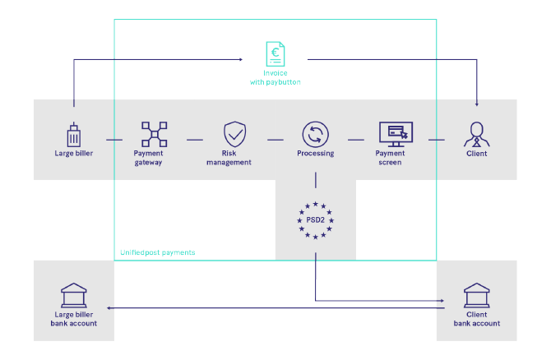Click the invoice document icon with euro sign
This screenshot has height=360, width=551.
click(x=275, y=55)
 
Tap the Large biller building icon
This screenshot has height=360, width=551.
click(x=72, y=134)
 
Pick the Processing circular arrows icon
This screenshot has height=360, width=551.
click(x=315, y=134)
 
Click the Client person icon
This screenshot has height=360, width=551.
click(x=476, y=134)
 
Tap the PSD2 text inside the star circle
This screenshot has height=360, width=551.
click(x=316, y=219)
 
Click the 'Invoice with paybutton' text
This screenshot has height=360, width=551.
click(x=275, y=78)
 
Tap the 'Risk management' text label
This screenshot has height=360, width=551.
click(x=234, y=158)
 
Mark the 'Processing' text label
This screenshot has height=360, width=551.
click(x=315, y=153)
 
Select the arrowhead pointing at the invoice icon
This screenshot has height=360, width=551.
click(x=241, y=59)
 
